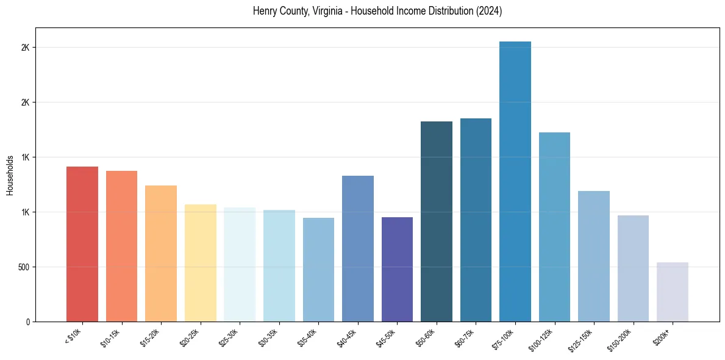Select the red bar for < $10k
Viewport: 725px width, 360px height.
click(x=82, y=244)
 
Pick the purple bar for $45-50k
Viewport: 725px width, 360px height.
click(x=397, y=269)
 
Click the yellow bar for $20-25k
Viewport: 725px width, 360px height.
click(x=201, y=263)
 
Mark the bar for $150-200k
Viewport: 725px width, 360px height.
click(x=633, y=268)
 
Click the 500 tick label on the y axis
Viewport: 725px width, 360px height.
click(x=23, y=267)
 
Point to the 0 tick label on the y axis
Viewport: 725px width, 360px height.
click(x=27, y=322)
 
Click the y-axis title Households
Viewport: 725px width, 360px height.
click(x=10, y=175)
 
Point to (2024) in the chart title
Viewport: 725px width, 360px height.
click(x=489, y=12)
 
